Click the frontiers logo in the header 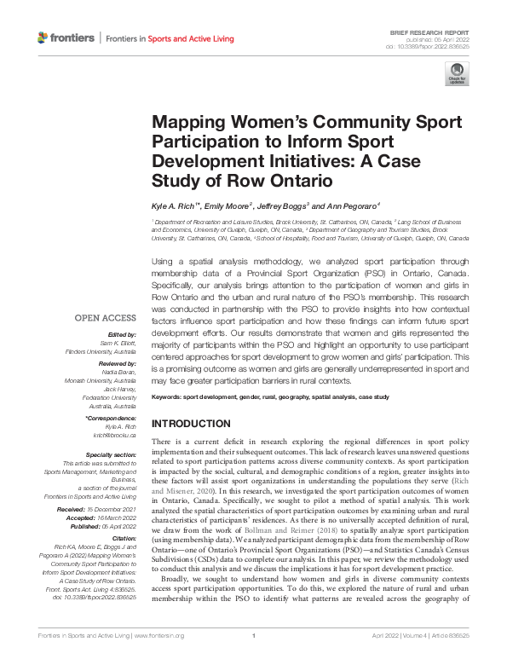coord(66,38)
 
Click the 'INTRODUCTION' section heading coord(190,424)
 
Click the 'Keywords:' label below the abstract coord(170,398)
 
